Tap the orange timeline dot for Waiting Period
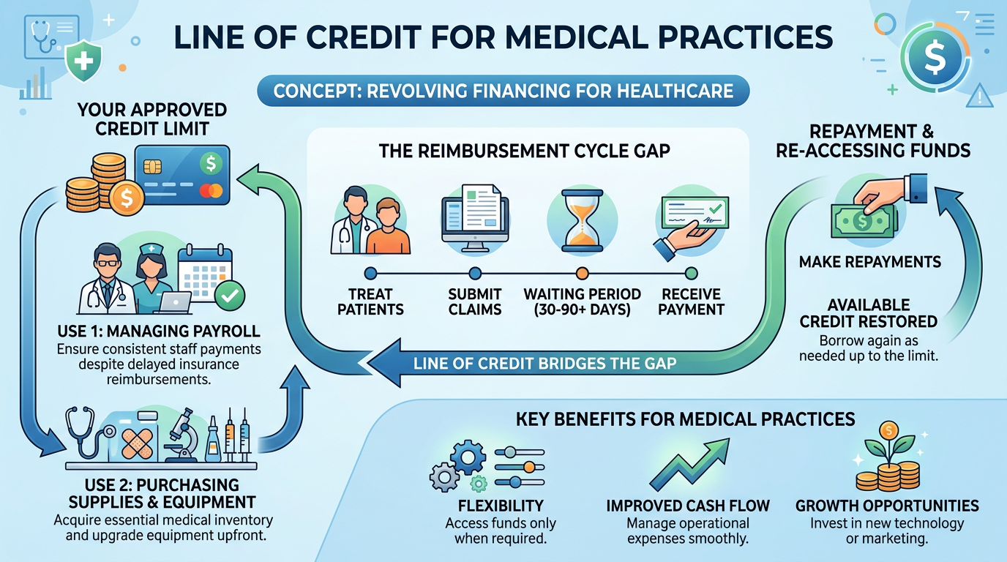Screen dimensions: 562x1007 click(583, 274)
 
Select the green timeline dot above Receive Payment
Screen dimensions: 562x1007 click(691, 274)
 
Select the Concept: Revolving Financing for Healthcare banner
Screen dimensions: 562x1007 click(503, 92)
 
